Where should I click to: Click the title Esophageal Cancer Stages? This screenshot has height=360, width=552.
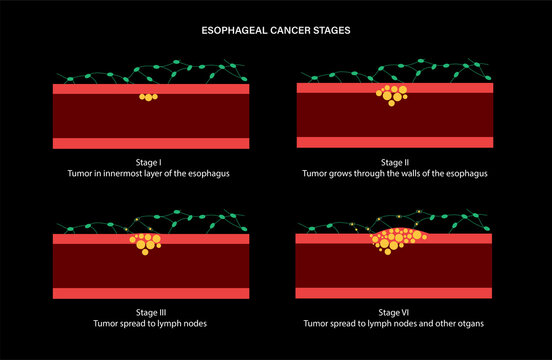click(276, 30)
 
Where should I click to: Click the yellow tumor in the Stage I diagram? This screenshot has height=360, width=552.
click(148, 97)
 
